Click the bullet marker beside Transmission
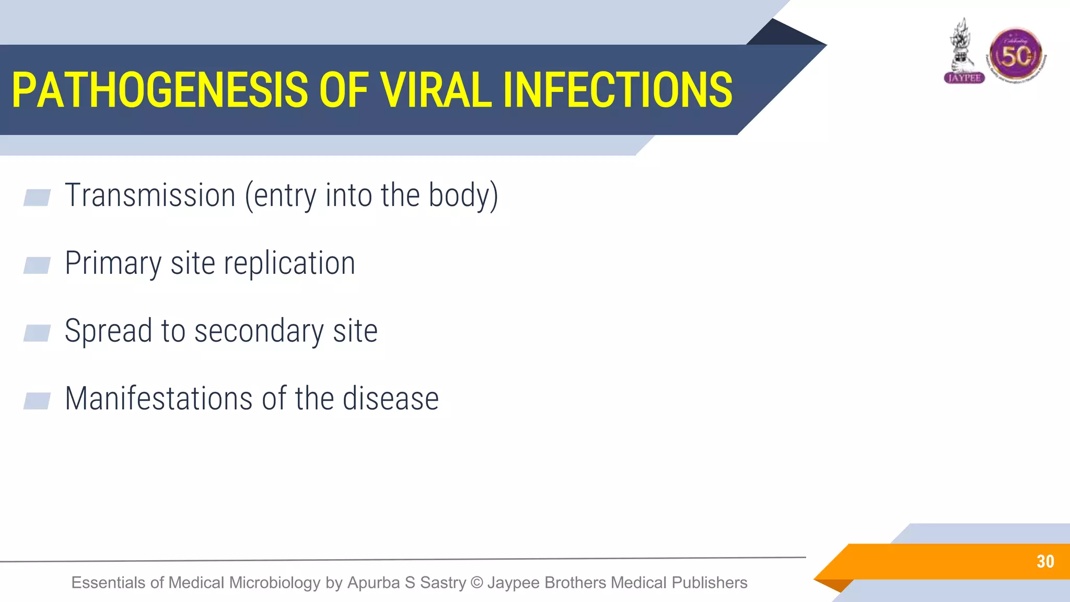pyautogui.click(x=37, y=198)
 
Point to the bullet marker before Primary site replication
pyautogui.click(x=37, y=265)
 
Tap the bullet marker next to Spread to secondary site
pyautogui.click(x=37, y=333)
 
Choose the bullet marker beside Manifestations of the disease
pyautogui.click(x=37, y=401)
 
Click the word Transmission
pyautogui.click(x=150, y=195)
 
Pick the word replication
pyautogui.click(x=289, y=263)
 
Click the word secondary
pyautogui.click(x=259, y=331)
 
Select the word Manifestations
pyautogui.click(x=159, y=399)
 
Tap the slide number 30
pyautogui.click(x=1045, y=562)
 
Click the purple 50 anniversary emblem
pyautogui.click(x=1016, y=55)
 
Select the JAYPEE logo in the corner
pyautogui.click(x=964, y=52)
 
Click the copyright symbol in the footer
pyautogui.click(x=476, y=582)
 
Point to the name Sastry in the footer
pyautogui.click(x=443, y=582)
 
